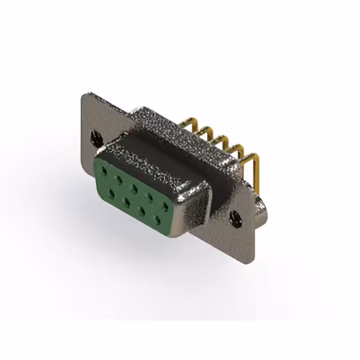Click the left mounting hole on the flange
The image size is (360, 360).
(x=95, y=136)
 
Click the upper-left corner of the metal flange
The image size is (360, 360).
(x=84, y=96)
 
